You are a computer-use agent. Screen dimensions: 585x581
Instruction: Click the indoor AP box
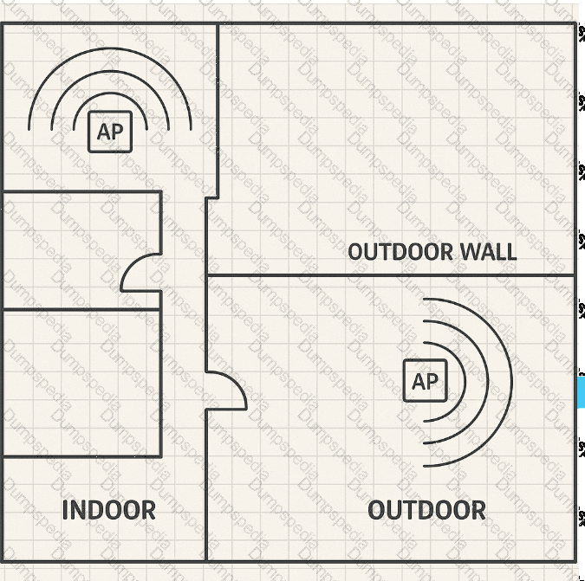(110, 132)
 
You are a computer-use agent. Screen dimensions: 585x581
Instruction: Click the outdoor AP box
(426, 380)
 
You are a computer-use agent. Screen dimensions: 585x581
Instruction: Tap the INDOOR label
(109, 510)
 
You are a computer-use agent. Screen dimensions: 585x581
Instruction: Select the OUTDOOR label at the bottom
(426, 510)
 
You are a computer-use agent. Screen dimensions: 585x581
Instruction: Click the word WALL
(489, 252)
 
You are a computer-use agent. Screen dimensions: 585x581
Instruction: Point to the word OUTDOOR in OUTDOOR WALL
(400, 252)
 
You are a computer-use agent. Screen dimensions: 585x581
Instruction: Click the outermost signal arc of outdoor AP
(511, 383)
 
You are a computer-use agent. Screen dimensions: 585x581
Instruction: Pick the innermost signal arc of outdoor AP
(465, 382)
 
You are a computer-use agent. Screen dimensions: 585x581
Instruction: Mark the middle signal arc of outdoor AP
(488, 382)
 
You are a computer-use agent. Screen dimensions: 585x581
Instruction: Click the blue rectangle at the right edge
(582, 391)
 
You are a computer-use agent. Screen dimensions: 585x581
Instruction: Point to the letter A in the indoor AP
(104, 132)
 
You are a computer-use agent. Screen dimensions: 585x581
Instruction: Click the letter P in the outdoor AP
(432, 381)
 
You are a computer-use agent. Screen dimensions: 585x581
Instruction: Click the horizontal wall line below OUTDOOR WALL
(390, 275)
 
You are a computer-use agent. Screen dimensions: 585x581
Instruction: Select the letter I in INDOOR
(65, 510)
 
